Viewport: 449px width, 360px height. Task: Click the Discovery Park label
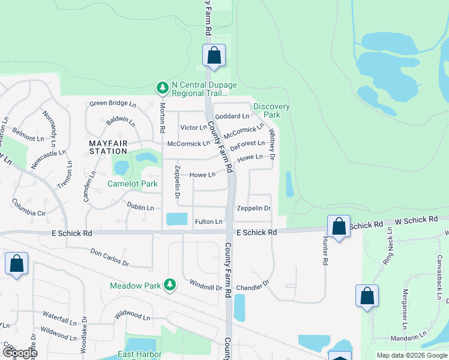(x=271, y=110)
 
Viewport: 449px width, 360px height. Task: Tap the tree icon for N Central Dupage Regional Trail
(x=162, y=89)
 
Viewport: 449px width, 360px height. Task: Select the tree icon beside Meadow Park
(x=170, y=285)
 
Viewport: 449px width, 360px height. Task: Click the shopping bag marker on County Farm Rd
(x=214, y=56)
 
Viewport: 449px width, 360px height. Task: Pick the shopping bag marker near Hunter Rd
(x=339, y=227)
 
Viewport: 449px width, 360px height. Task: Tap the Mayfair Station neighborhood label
(x=108, y=148)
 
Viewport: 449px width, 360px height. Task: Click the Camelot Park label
(x=133, y=184)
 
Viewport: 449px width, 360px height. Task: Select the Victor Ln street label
(x=193, y=128)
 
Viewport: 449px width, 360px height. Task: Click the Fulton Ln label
(x=208, y=222)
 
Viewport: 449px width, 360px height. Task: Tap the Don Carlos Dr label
(x=109, y=258)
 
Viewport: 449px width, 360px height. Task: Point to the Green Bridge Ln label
(x=113, y=103)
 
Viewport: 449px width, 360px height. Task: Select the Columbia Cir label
(x=29, y=208)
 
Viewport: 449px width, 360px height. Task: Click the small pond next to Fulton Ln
(x=176, y=219)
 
